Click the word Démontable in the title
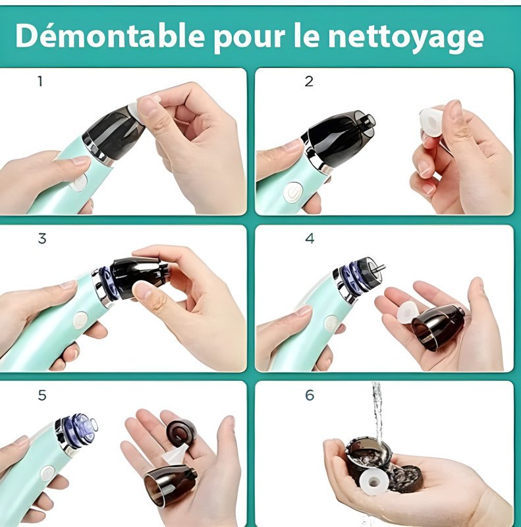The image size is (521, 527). pos(109,36)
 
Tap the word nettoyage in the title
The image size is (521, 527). pos(406,38)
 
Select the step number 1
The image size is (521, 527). pos(40,81)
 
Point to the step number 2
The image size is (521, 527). pos(309,81)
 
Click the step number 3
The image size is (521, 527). pos(42,238)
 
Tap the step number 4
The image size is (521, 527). pos(310,238)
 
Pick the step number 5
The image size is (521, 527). pos(42,395)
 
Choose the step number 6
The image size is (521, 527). pos(310,395)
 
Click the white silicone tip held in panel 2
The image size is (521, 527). pos(431,121)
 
